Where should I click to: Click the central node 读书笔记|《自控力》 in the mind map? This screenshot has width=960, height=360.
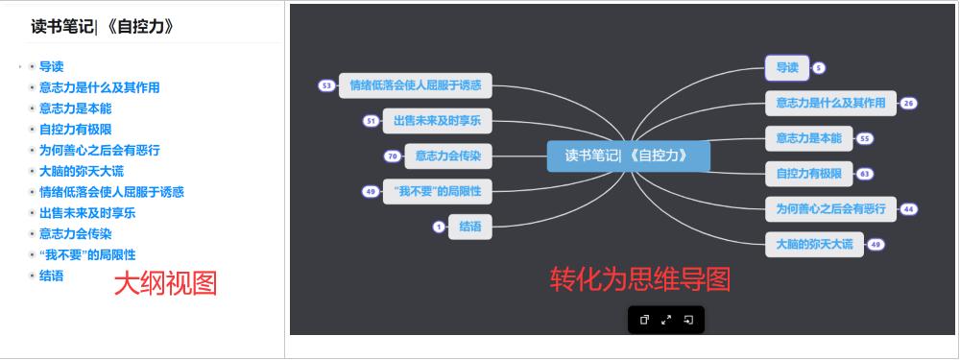click(628, 156)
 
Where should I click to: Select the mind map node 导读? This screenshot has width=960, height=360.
click(787, 67)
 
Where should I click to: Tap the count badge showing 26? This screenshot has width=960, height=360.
click(908, 103)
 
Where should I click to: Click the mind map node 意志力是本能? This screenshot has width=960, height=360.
click(808, 138)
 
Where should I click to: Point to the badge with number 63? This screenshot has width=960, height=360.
click(865, 174)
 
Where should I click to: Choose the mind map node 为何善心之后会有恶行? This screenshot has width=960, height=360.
click(830, 208)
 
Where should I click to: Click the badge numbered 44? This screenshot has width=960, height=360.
click(908, 208)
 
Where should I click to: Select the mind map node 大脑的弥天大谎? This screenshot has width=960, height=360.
click(814, 244)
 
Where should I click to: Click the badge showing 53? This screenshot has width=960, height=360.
click(326, 85)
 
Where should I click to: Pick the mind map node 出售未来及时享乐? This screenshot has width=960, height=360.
click(437, 121)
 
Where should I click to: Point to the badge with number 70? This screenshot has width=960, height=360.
click(392, 156)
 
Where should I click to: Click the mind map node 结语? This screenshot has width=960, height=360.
click(470, 227)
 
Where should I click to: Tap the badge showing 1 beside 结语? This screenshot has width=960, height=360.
click(439, 227)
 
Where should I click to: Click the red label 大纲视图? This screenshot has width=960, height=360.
click(165, 282)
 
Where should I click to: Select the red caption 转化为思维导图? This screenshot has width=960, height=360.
click(639, 278)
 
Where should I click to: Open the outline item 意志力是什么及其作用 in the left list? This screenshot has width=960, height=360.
click(100, 87)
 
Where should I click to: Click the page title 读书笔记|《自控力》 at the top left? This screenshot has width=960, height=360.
click(102, 27)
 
